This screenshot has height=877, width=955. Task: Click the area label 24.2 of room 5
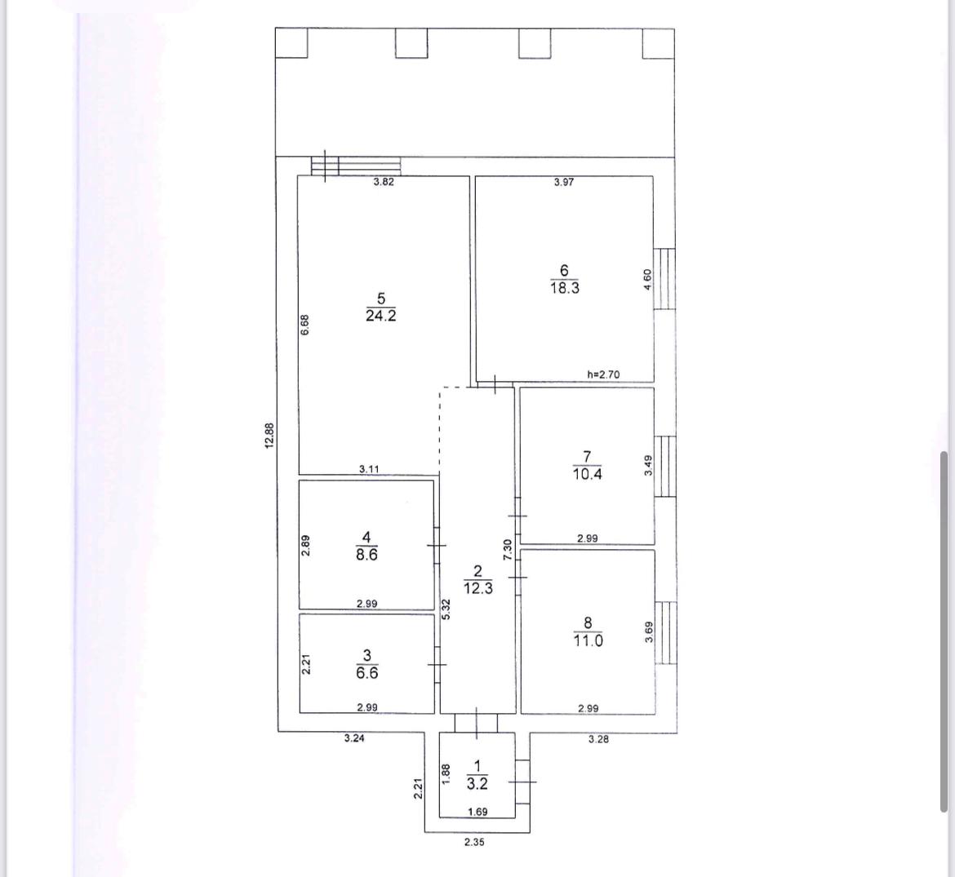[380, 315]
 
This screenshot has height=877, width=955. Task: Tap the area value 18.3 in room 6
[565, 288]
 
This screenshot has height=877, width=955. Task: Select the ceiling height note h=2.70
[603, 374]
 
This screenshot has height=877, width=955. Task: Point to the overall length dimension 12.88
[270, 436]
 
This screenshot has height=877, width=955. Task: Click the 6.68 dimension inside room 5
[305, 325]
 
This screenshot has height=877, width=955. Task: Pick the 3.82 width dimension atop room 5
[384, 181]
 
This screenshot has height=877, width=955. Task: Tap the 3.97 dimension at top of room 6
[564, 181]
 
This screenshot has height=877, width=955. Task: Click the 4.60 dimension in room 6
[647, 279]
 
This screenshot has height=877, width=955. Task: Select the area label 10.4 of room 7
[587, 474]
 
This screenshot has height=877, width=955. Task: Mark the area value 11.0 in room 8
[588, 640]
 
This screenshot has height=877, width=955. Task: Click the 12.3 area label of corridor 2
[478, 588]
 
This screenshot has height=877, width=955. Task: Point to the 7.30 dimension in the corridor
[508, 550]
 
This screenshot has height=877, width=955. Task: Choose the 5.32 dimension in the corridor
[446, 609]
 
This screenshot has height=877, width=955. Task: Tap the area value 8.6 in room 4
[366, 555]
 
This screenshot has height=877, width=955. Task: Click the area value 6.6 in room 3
[366, 672]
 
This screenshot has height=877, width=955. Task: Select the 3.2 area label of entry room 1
[477, 783]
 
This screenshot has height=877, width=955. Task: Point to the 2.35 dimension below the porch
[474, 842]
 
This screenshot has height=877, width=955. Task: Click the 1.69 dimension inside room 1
[477, 811]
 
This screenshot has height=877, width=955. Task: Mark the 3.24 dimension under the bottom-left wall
[354, 738]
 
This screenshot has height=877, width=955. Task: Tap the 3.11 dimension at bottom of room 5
[369, 468]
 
